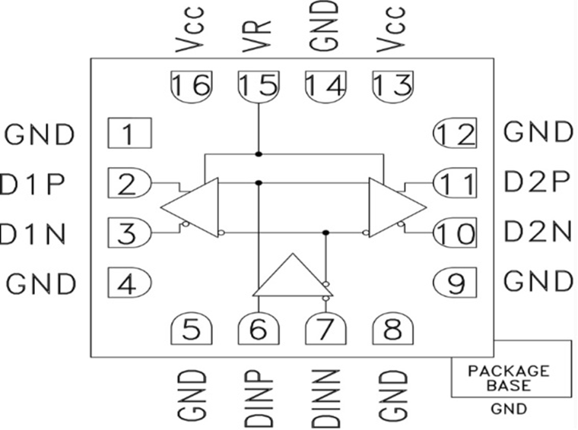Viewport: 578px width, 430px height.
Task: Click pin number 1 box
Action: pos(129,134)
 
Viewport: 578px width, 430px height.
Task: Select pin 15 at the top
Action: pos(259,85)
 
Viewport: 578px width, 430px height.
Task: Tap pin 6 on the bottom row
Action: pos(259,330)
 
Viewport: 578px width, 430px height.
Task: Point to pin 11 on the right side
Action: pos(454,183)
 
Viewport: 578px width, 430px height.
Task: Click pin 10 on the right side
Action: pos(454,233)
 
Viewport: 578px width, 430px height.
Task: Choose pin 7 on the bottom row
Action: pos(326,330)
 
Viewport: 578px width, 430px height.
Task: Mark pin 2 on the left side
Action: pos(129,183)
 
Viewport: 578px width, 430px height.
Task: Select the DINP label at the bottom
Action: pos(259,397)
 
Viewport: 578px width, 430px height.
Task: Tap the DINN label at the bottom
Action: pos(326,397)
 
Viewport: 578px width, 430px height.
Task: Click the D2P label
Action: pos(538,183)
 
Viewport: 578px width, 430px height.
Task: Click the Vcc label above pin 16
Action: pos(191,30)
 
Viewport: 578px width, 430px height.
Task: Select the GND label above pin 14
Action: pos(326,27)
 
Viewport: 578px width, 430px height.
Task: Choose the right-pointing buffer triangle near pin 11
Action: pos(393,207)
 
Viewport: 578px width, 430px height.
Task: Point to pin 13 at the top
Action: pos(392,85)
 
